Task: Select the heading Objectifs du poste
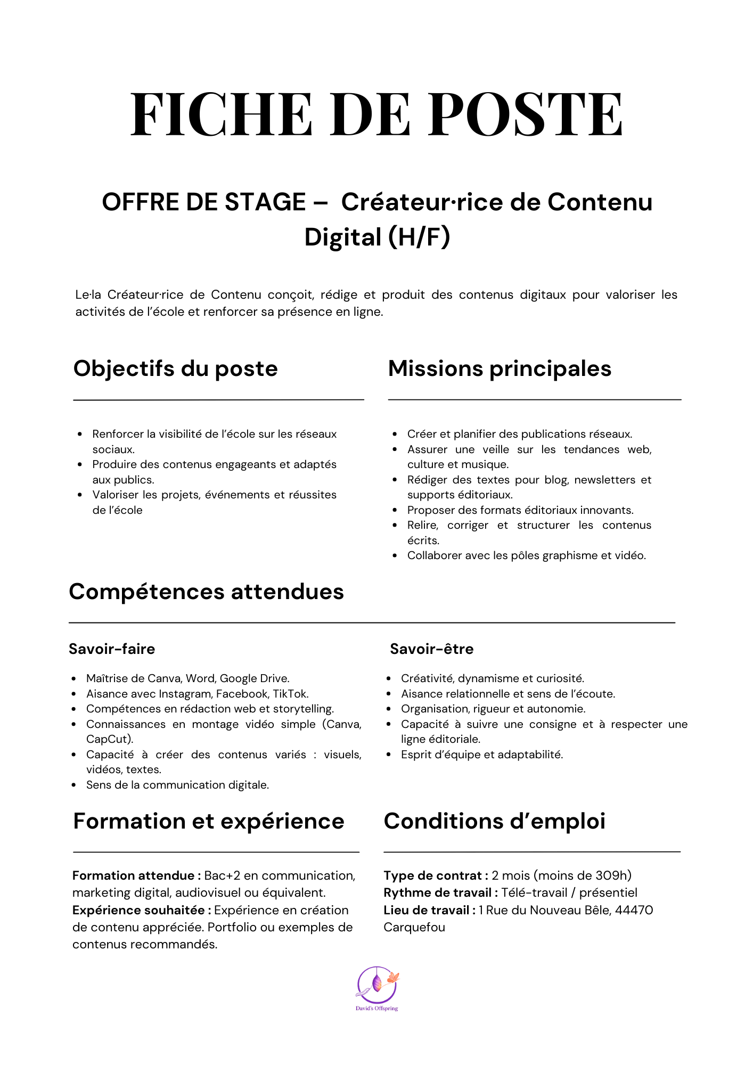pos(175,368)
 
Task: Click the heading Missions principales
pos(500,368)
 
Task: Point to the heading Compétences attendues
pos(206,592)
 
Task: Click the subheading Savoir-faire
pos(112,649)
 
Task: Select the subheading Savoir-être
pos(431,649)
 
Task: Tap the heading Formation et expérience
pos(209,821)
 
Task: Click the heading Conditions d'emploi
pos(494,821)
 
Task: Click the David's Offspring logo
pos(377,988)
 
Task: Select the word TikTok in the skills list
pos(290,694)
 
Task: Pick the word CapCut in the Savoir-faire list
pos(108,739)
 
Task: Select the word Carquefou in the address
pos(414,927)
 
